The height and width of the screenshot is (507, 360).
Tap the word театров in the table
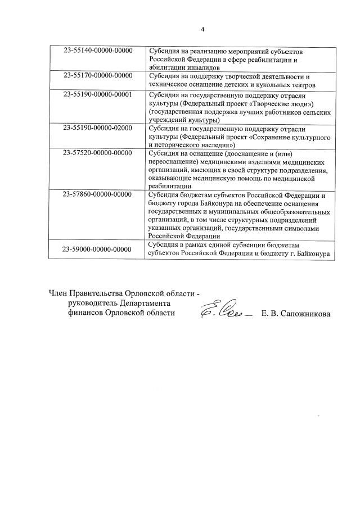click(x=296, y=85)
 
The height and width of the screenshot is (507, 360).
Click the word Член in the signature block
click(x=58, y=292)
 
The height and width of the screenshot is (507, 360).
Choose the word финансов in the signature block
click(x=83, y=313)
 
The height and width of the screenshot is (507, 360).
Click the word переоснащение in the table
click(x=175, y=161)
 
